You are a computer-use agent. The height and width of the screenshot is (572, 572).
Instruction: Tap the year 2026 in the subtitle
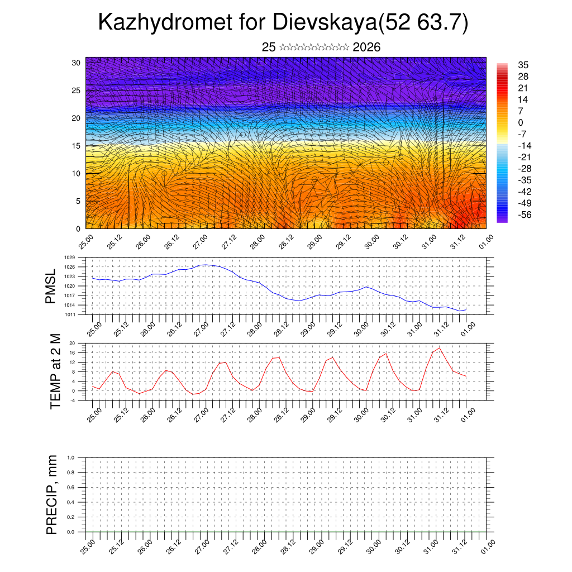coord(366,47)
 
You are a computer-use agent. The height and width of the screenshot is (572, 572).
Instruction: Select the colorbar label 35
coord(523,65)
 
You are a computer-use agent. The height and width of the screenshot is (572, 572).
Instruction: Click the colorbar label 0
coord(521,122)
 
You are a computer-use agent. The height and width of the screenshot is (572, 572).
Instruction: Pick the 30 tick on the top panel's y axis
coord(76,63)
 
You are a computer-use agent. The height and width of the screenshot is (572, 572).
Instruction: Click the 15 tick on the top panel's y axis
coord(76,146)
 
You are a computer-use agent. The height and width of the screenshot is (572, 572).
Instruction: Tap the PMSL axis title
coord(51,286)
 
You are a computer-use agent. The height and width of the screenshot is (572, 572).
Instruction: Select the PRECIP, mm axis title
coord(52,495)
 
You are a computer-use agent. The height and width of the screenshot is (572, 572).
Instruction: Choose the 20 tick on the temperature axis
coord(72,343)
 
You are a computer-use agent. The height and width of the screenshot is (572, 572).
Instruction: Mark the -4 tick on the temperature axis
coord(72,400)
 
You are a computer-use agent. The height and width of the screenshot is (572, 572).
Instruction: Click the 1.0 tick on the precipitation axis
coord(71,457)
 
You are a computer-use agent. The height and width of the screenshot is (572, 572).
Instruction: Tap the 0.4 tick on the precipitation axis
coord(71,502)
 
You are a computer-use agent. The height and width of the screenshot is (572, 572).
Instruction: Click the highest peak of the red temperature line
coord(440,348)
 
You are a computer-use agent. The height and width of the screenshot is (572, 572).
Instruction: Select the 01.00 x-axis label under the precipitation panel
coord(488,546)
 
